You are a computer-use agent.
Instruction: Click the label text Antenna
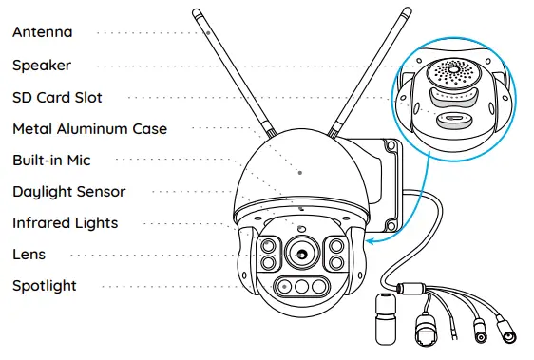click(42, 32)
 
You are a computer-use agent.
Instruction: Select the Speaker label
click(42, 66)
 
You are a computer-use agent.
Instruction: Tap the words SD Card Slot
click(57, 97)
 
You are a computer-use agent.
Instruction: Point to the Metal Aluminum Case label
click(89, 128)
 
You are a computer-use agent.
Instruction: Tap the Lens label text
click(29, 254)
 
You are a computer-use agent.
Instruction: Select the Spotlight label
click(45, 285)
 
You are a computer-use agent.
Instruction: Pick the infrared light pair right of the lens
click(335, 253)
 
